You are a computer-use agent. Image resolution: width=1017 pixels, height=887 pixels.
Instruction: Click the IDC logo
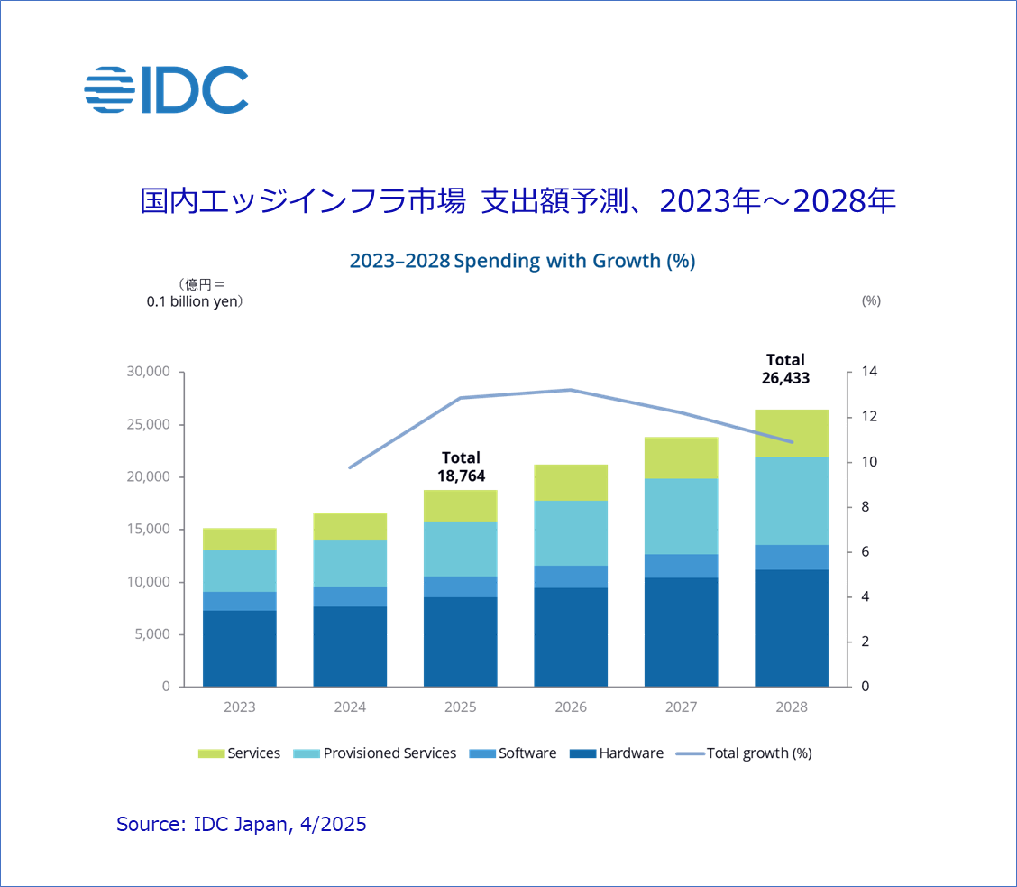click(x=167, y=89)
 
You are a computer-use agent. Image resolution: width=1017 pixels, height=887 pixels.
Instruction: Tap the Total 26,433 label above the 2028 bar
click(x=785, y=369)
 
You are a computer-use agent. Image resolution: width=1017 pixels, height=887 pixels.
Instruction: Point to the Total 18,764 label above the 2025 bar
click(x=461, y=467)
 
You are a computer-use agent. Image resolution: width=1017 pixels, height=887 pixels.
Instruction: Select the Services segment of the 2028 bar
click(x=792, y=433)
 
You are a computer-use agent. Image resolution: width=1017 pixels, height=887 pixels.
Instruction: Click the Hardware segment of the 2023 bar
click(x=240, y=648)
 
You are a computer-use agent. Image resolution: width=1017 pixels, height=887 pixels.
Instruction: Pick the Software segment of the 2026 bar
click(x=571, y=577)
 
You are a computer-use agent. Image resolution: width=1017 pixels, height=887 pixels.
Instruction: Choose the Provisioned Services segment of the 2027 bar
click(x=682, y=516)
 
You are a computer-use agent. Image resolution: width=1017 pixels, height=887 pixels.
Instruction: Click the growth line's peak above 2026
click(x=571, y=390)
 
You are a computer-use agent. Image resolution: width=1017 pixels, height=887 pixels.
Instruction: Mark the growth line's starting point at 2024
click(x=350, y=467)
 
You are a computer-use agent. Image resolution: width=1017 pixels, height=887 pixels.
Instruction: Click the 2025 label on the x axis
click(x=461, y=707)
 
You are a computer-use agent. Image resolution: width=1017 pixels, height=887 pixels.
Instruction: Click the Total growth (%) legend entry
click(x=758, y=753)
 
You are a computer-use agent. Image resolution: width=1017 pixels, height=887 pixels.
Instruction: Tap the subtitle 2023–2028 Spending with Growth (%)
click(x=522, y=261)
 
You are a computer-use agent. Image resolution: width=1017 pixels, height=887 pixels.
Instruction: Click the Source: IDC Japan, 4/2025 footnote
click(x=242, y=823)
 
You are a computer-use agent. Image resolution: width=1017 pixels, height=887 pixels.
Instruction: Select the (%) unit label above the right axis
click(x=871, y=300)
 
